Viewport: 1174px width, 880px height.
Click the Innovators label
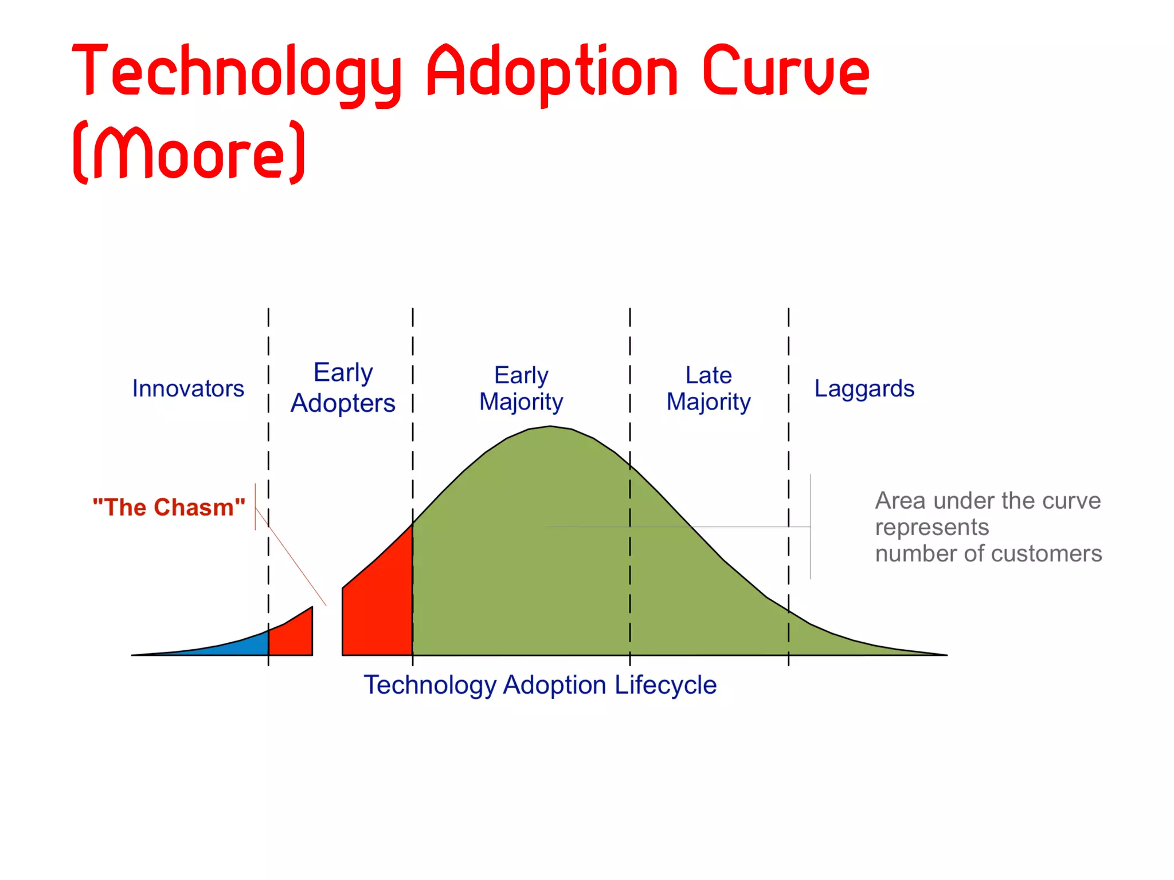pyautogui.click(x=188, y=388)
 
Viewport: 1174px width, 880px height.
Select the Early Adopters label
pyautogui.click(x=343, y=388)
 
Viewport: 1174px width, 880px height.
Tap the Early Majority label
pyautogui.click(x=521, y=388)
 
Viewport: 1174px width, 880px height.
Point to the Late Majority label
pyautogui.click(x=709, y=388)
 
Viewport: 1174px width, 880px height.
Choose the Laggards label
pyautogui.click(x=864, y=388)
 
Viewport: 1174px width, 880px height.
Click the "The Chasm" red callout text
pyautogui.click(x=169, y=508)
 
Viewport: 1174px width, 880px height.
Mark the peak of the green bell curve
pyautogui.click(x=550, y=427)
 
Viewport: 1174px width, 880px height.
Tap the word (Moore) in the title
pyautogui.click(x=189, y=152)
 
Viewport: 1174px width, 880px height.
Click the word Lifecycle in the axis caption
pyautogui.click(x=665, y=685)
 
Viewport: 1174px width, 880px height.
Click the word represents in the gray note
pyautogui.click(x=932, y=527)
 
